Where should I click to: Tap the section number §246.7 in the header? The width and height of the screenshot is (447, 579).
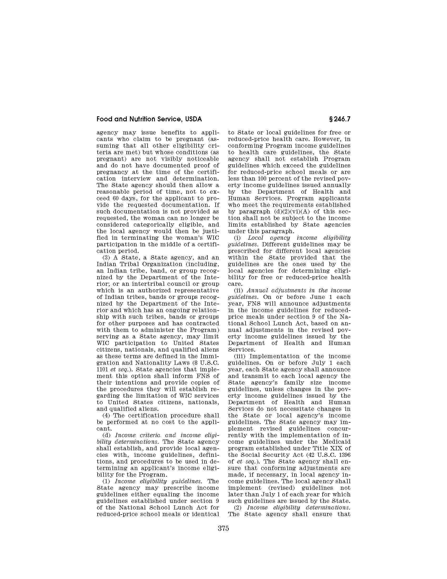pos(339,119)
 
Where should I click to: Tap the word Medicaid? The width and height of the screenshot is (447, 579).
pos(336,442)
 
